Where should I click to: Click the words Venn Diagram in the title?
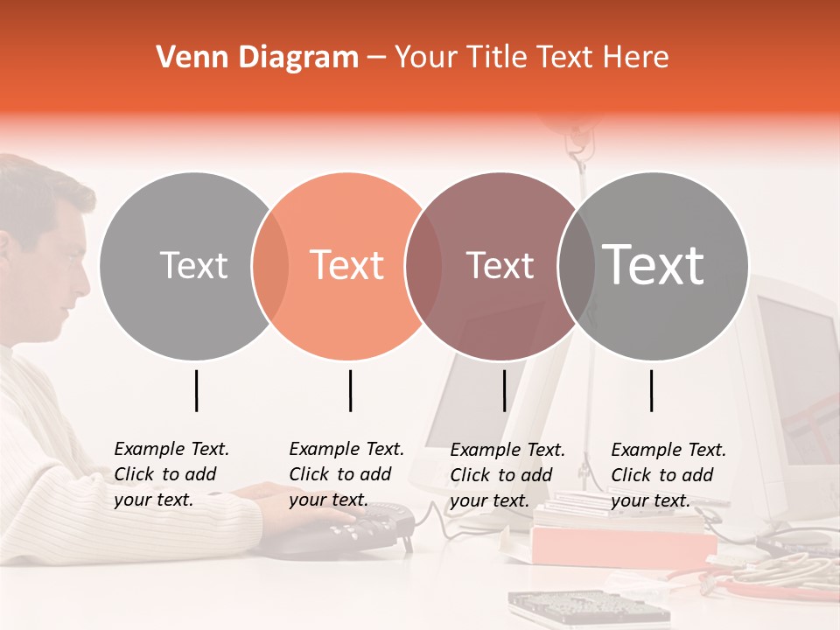[257, 58]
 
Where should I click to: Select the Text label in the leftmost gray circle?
[193, 266]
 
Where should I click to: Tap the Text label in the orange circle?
[347, 266]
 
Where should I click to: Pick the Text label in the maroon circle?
[500, 266]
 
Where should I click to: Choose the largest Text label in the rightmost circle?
[654, 264]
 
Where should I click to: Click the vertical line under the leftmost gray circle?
[196, 390]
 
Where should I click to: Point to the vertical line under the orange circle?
[350, 390]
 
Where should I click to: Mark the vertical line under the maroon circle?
[504, 390]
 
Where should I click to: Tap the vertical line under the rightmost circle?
[651, 390]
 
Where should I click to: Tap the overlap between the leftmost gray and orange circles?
[270, 266]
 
